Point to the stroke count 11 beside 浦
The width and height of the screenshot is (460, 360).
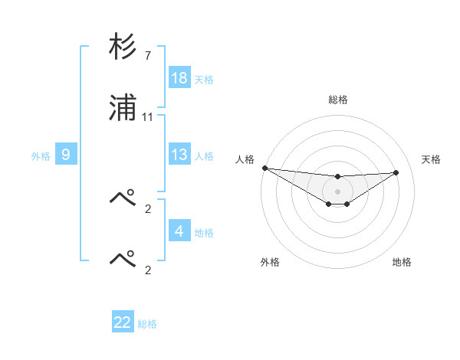click(148, 118)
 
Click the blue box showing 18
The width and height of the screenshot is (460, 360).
click(179, 78)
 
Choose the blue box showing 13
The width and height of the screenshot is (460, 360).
click(179, 155)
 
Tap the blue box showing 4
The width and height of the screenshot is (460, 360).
click(179, 231)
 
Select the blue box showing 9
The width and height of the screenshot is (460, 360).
click(66, 155)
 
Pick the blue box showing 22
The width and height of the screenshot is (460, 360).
click(123, 322)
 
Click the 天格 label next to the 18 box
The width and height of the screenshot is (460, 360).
click(204, 79)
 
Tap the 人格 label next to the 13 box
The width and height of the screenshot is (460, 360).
click(204, 155)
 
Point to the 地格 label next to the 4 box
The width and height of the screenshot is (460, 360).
click(204, 232)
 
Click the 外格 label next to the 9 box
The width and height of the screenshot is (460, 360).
click(41, 155)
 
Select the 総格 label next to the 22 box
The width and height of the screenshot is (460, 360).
click(147, 323)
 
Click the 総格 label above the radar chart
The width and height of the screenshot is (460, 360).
click(338, 100)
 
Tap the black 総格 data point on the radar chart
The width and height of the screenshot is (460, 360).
click(337, 177)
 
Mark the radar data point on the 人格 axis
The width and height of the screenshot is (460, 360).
click(264, 168)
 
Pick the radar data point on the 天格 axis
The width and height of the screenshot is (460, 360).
click(396, 172)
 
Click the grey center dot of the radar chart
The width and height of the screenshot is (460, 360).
click(337, 191)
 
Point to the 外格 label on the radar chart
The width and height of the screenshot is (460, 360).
click(270, 262)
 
